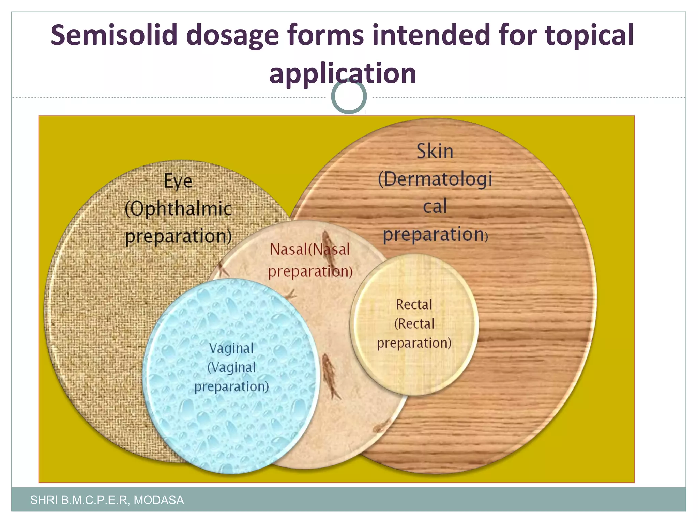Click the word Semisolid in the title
(114, 35)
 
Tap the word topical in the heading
(589, 35)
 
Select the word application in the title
(343, 74)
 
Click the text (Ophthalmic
(178, 208)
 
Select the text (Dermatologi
(435, 179)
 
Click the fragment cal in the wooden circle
(435, 207)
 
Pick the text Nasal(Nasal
(310, 249)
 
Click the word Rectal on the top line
(414, 304)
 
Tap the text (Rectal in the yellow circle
(414, 323)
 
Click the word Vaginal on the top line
(231, 348)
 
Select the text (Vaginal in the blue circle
(231, 367)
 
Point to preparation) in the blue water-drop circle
(231, 386)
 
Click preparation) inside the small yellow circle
(414, 343)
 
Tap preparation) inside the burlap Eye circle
(178, 236)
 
